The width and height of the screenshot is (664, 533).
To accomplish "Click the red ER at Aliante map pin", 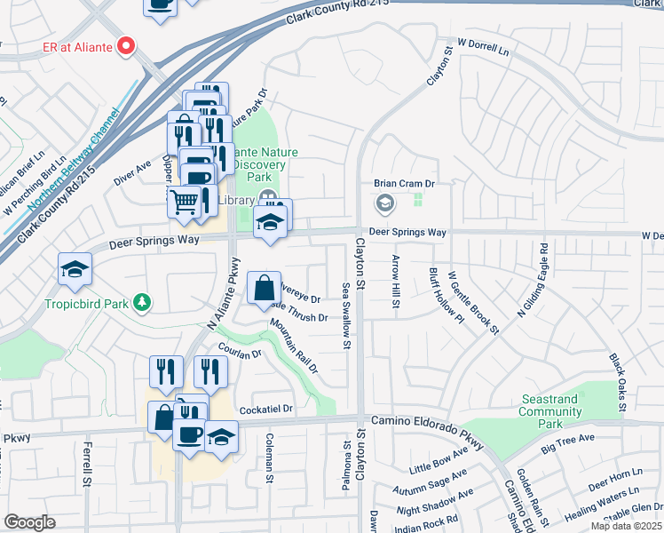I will [x=126, y=44].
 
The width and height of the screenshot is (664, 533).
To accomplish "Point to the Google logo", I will [x=29, y=522].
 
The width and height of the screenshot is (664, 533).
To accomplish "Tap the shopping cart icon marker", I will [x=184, y=203].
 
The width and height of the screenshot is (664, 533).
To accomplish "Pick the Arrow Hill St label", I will [x=394, y=282].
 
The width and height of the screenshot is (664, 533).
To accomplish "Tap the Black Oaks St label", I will [x=618, y=377].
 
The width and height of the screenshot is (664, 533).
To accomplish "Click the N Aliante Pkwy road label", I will [x=224, y=294].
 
